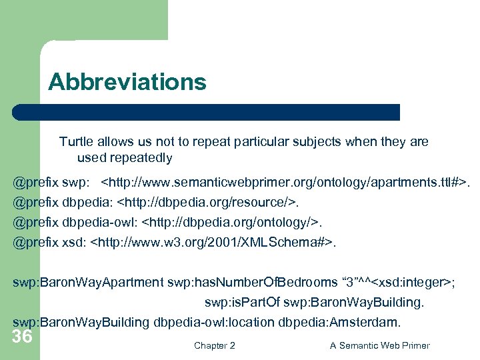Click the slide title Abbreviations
coord(127,82)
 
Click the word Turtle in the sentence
coord(77,141)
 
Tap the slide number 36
coord(22,337)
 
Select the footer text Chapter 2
coord(214,345)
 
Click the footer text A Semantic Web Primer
coord(380,345)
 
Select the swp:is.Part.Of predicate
coord(241,303)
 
